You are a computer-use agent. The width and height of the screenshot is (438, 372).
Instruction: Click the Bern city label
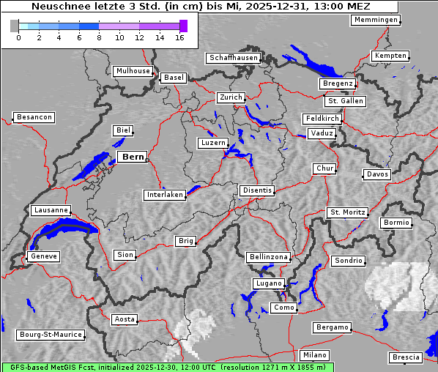click(x=132, y=157)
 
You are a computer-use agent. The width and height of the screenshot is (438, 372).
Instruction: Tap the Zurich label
click(x=230, y=97)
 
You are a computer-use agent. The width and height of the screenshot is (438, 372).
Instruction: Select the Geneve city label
click(x=43, y=256)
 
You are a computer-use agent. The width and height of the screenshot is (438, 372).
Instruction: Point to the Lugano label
click(x=268, y=283)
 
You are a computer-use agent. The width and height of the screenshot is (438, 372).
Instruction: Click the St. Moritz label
click(x=347, y=212)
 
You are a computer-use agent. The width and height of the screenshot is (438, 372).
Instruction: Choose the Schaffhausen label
click(x=233, y=57)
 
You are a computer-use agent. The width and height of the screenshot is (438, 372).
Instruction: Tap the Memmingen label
click(x=376, y=20)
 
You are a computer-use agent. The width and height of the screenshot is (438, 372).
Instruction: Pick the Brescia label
click(x=406, y=357)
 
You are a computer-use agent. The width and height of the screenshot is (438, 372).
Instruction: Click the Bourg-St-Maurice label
click(x=51, y=335)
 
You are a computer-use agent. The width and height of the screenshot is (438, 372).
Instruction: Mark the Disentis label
click(x=256, y=190)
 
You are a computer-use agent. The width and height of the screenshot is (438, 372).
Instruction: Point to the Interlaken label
click(x=164, y=195)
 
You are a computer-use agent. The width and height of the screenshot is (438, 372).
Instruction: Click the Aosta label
click(x=125, y=319)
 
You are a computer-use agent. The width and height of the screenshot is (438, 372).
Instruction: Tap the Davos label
click(x=377, y=174)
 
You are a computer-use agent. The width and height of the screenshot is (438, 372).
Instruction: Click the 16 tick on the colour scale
click(x=180, y=37)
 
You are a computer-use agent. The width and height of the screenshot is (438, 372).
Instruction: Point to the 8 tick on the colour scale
click(x=99, y=37)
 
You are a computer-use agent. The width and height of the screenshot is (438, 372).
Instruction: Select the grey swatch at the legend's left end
click(x=15, y=26)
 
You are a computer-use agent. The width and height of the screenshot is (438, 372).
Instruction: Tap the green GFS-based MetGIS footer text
click(x=167, y=367)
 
